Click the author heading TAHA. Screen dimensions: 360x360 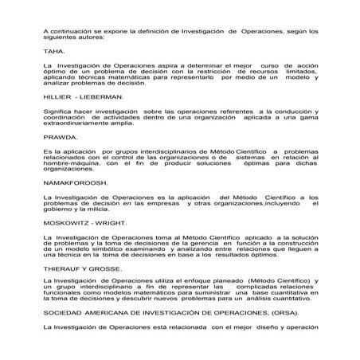tap(55, 49)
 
